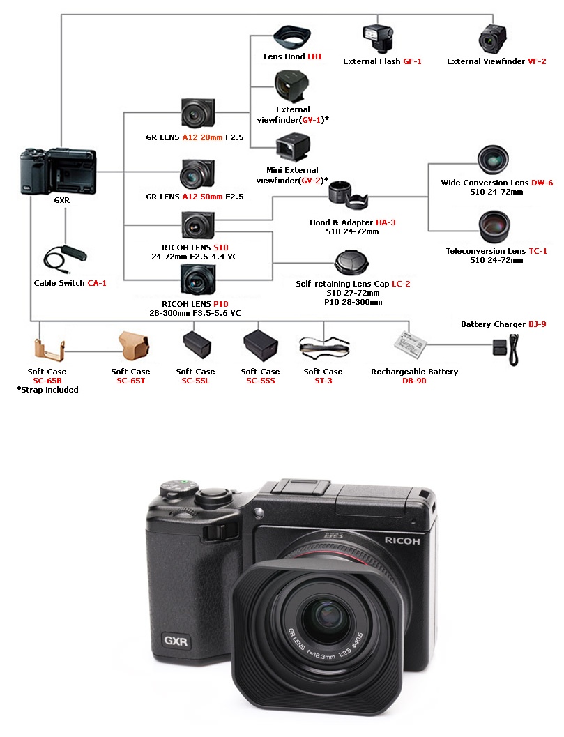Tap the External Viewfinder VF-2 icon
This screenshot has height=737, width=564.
(x=493, y=40)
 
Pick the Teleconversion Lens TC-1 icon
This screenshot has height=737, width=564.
(x=494, y=227)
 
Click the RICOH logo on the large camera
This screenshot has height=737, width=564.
(x=402, y=540)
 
